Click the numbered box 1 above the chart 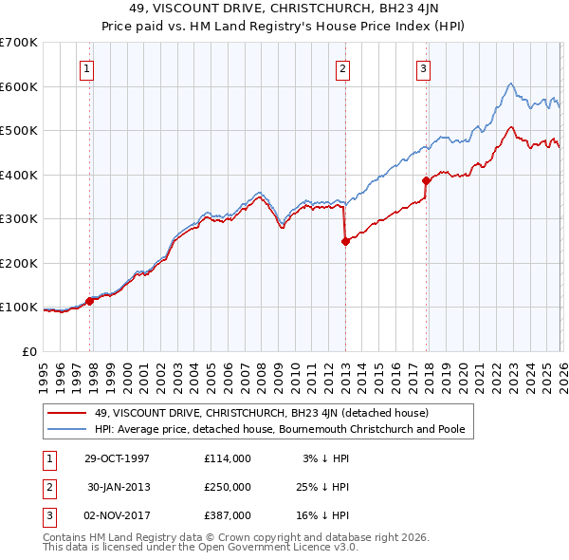pyautogui.click(x=86, y=67)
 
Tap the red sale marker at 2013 pyautogui.click(x=345, y=241)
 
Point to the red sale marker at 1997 pyautogui.click(x=90, y=301)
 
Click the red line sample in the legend pyautogui.click(x=68, y=413)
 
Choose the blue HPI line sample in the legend pyautogui.click(x=68, y=429)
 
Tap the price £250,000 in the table pyautogui.click(x=227, y=487)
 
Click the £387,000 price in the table pyautogui.click(x=227, y=515)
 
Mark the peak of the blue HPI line pyautogui.click(x=510, y=84)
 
